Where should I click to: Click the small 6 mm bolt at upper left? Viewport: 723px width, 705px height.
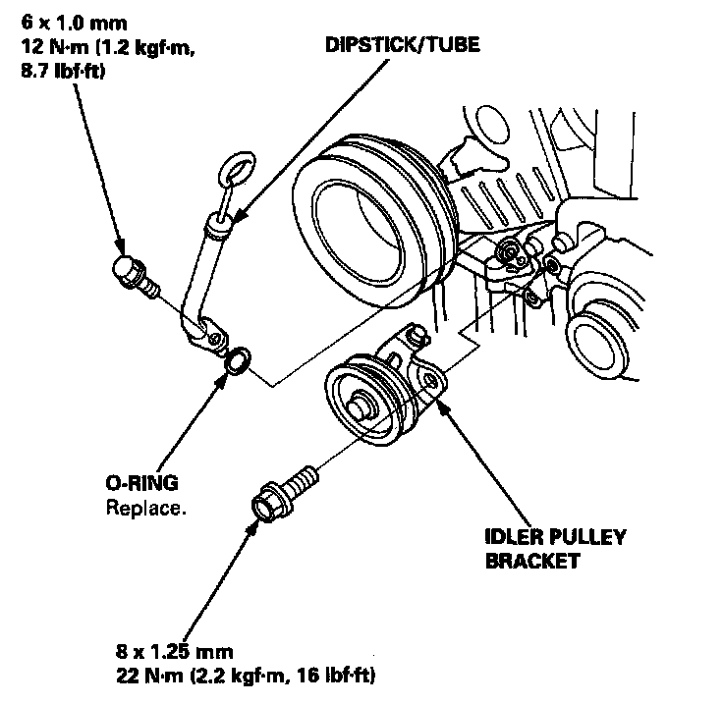click(132, 273)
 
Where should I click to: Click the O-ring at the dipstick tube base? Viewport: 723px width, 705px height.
click(238, 360)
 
